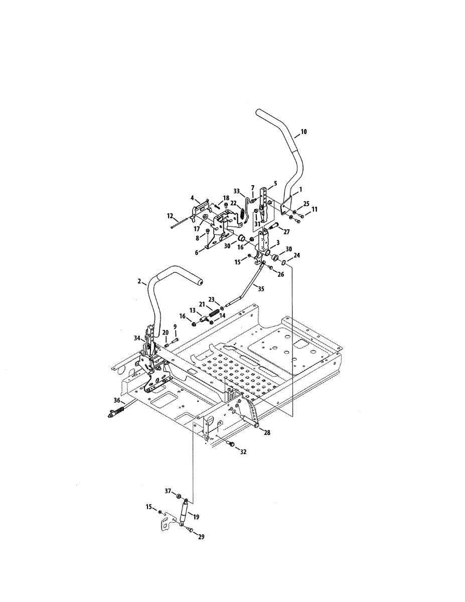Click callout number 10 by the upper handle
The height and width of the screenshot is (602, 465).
pyautogui.click(x=303, y=132)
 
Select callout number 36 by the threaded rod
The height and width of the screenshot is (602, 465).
pyautogui.click(x=117, y=400)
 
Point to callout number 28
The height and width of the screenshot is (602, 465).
pyautogui.click(x=267, y=432)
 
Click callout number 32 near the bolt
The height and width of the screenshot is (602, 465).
pyautogui.click(x=243, y=452)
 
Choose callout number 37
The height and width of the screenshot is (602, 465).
pyautogui.click(x=169, y=490)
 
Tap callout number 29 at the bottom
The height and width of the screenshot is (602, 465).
pyautogui.click(x=201, y=536)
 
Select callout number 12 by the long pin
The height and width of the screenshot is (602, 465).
pyautogui.click(x=171, y=216)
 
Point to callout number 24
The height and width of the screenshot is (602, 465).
pyautogui.click(x=297, y=255)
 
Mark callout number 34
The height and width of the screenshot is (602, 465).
pyautogui.click(x=137, y=338)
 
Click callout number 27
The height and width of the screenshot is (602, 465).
pyautogui.click(x=286, y=232)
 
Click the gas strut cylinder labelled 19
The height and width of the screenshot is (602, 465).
pyautogui.click(x=184, y=513)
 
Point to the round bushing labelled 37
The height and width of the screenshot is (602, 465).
pyautogui.click(x=179, y=496)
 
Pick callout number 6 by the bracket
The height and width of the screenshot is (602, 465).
pyautogui.click(x=197, y=252)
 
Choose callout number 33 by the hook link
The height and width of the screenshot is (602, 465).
pyautogui.click(x=237, y=191)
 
